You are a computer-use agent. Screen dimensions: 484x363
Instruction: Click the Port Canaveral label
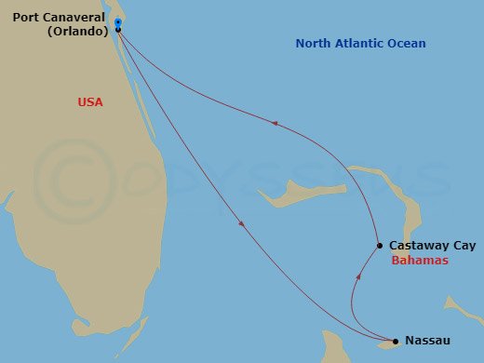point(58,16)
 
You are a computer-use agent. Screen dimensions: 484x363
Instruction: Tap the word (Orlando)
point(77,30)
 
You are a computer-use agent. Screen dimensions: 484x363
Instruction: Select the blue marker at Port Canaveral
point(118,22)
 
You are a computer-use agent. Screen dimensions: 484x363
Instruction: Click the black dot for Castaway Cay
point(380,246)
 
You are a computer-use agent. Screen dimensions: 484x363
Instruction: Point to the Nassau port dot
point(396,341)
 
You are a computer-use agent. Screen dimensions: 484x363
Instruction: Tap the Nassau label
point(427,341)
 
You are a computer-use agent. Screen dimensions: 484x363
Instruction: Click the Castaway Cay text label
point(431,246)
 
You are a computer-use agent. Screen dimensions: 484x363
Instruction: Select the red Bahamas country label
point(420,261)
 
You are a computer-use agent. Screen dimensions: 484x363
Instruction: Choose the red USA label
point(90,101)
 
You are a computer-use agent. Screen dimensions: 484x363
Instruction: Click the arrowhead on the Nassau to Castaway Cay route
point(358,276)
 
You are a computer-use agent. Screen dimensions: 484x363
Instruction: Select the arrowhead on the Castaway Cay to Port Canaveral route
point(273,122)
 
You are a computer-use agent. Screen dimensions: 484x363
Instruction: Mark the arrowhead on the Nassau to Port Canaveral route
point(241,223)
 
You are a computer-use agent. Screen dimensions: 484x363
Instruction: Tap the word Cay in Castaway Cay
point(462,246)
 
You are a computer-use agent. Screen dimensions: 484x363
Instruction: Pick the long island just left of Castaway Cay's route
point(290,192)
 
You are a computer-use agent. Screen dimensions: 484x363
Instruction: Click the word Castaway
point(419,246)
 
